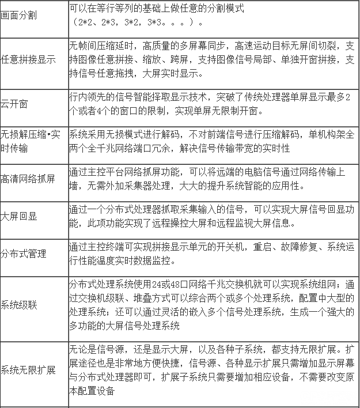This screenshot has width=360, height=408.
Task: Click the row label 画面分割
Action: pyautogui.click(x=20, y=14)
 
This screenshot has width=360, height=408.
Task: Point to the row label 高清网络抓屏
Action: pyautogui.click(x=28, y=177)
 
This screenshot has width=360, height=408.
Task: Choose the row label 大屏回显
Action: pyautogui.click(x=19, y=215)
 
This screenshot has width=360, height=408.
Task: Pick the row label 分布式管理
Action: pyautogui.click(x=24, y=254)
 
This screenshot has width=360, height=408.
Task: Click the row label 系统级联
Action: pyautogui.click(x=19, y=305)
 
